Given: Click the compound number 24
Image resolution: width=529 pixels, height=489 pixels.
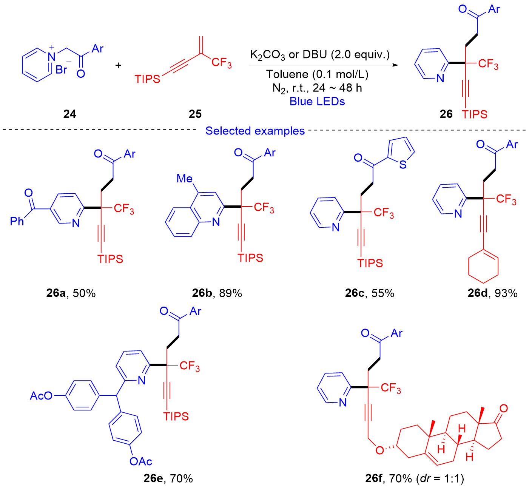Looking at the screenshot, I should (x=70, y=114).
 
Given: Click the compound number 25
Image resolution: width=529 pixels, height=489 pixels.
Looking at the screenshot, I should (x=195, y=114).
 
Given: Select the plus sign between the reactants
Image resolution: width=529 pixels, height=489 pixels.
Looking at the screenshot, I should (x=119, y=65).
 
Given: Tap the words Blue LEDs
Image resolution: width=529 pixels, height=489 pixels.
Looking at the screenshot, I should (x=317, y=101).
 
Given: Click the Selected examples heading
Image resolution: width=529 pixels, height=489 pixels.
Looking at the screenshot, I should (x=255, y=131).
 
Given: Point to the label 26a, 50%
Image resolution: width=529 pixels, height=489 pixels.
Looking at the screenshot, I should (x=71, y=293).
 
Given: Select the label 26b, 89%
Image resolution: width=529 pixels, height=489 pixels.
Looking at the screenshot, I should (x=217, y=293).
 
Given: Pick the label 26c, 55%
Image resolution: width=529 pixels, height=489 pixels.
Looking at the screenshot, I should (x=369, y=293).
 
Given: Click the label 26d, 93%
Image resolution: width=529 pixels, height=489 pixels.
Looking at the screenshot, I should (x=492, y=293).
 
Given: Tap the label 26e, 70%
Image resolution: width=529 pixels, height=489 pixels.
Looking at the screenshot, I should (x=168, y=478).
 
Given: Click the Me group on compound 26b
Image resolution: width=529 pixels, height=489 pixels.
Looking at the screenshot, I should (x=185, y=178).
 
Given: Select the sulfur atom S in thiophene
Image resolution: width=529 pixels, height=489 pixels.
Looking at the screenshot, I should (x=403, y=165).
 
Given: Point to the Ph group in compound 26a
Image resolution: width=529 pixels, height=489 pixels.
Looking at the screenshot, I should (x=17, y=221).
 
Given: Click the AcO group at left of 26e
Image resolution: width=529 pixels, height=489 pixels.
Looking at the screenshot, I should (x=41, y=396).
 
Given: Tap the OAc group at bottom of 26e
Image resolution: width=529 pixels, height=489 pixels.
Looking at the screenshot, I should (x=140, y=461).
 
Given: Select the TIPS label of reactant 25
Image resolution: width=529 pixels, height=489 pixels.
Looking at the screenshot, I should (x=147, y=79).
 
